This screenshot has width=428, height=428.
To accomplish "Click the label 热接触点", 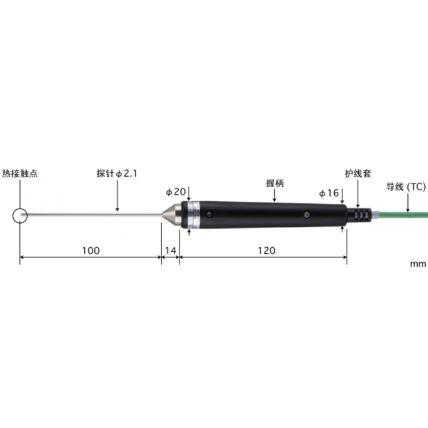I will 19,174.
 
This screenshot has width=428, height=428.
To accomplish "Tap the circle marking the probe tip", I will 20,216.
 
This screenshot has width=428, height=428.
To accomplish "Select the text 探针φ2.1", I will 117,174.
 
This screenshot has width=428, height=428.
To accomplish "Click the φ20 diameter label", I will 176,191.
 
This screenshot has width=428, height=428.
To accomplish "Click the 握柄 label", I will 275,184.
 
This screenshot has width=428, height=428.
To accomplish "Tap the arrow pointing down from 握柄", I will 275,196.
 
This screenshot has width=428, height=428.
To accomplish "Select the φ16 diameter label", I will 329,193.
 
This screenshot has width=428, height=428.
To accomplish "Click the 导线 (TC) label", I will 406,186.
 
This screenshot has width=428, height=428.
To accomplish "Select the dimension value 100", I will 90,251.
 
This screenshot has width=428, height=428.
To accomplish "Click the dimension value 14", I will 171,251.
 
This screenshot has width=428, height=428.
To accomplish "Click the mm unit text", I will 418,264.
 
